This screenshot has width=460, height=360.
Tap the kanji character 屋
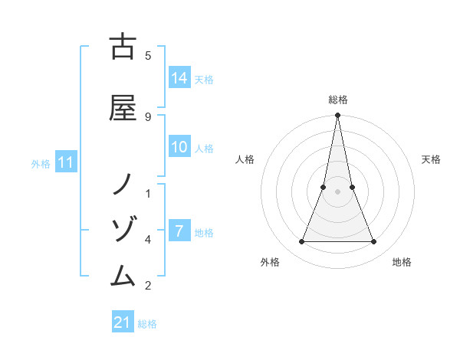(123, 108)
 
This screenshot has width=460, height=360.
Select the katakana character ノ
(123, 185)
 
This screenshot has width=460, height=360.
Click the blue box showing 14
(179, 78)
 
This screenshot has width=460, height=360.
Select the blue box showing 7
(179, 231)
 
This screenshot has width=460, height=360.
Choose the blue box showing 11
(66, 162)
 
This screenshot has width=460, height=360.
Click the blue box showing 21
(123, 322)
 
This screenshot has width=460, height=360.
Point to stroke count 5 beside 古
(148, 55)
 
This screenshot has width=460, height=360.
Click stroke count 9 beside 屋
(148, 116)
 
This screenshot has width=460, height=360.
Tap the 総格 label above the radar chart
(338, 100)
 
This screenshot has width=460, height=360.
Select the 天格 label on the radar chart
(431, 159)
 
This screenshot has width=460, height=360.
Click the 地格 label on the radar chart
(402, 262)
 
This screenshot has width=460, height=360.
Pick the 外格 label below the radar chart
(270, 262)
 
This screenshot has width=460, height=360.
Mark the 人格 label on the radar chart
(245, 159)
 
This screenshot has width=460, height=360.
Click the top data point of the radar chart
(338, 116)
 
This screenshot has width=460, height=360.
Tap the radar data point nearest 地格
(374, 242)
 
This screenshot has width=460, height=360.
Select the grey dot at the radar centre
(338, 191)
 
